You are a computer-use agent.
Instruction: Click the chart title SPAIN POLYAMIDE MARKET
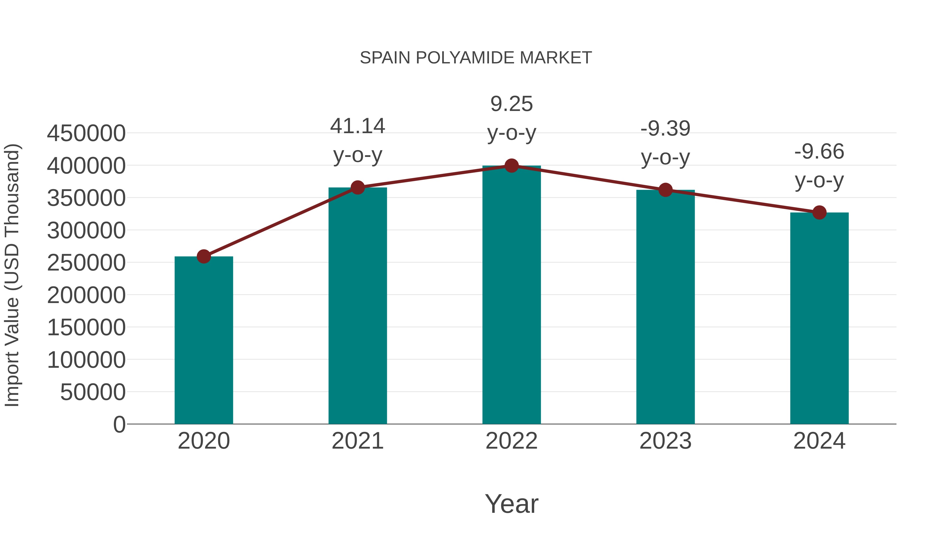click(x=476, y=58)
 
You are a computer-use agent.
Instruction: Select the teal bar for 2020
click(x=204, y=340)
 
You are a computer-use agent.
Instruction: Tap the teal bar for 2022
click(x=511, y=295)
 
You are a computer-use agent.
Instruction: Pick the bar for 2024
click(x=819, y=318)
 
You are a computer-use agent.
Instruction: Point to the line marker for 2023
click(x=665, y=190)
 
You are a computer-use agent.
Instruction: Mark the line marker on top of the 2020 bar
click(x=204, y=256)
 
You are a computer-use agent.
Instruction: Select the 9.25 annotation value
click(x=511, y=104)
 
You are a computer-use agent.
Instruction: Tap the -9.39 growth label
click(x=665, y=129)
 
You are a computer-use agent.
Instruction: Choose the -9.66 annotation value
click(x=819, y=152)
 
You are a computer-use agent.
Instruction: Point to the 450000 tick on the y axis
click(x=86, y=133)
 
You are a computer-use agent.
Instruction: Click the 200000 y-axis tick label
click(x=86, y=295)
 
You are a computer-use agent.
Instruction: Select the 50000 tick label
click(x=93, y=392)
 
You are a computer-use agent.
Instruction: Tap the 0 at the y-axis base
click(x=119, y=425)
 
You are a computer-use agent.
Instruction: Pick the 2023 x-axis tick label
click(x=665, y=441)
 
